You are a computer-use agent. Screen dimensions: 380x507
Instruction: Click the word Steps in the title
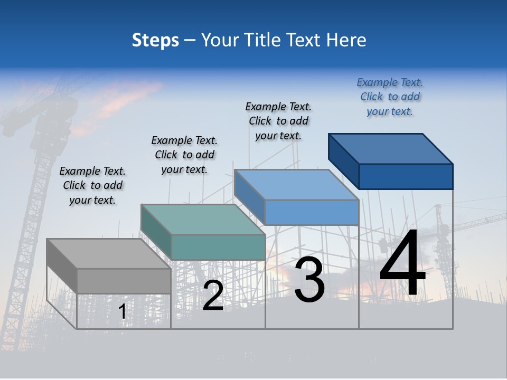[155, 40]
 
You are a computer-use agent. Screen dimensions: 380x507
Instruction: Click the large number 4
[402, 264]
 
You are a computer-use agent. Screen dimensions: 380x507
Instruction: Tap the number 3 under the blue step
[309, 280]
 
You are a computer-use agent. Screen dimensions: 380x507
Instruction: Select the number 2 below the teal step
[213, 296]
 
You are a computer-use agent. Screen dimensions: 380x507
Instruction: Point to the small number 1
[123, 311]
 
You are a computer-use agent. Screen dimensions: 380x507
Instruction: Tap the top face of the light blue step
[296, 185]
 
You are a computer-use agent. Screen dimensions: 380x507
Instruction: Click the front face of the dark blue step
[406, 176]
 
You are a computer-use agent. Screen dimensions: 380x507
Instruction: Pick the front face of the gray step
[124, 281]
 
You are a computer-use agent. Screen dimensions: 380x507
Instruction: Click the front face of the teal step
[218, 247]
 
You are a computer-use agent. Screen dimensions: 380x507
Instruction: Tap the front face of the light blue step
[312, 212]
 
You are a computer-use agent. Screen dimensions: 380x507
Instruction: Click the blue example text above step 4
[390, 97]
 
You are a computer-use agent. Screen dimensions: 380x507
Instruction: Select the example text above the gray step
[92, 186]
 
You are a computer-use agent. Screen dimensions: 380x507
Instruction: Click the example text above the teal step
[184, 155]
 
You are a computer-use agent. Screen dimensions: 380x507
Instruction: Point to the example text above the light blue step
[278, 121]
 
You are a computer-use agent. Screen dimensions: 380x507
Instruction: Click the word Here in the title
[346, 40]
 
